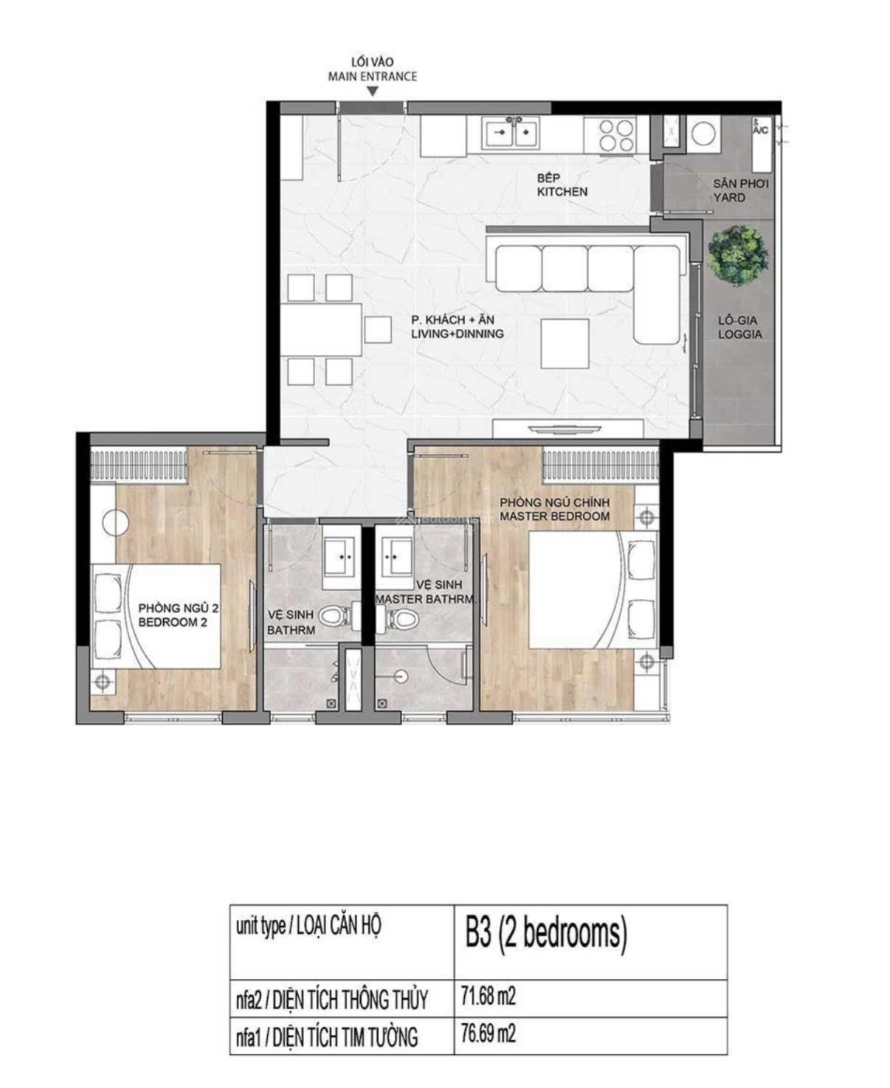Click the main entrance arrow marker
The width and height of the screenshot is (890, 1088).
click(x=373, y=91)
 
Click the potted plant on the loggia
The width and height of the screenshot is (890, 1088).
click(x=738, y=255)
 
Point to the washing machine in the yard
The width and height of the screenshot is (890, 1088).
click(x=704, y=134)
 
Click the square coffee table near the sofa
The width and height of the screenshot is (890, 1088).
click(x=565, y=343)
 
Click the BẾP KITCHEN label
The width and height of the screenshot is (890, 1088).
click(x=562, y=184)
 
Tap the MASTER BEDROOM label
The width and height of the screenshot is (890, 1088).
click(x=554, y=516)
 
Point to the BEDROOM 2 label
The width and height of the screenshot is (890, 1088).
click(x=173, y=622)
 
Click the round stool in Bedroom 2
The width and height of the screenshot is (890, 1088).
click(x=116, y=522)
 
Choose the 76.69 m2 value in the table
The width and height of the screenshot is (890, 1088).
click(x=489, y=1034)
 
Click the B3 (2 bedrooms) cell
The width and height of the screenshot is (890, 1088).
click(x=545, y=934)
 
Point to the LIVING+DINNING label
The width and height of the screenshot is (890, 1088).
click(x=458, y=334)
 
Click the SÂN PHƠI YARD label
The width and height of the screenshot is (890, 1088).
click(x=740, y=190)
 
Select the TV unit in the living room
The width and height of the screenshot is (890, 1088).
click(x=568, y=428)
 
